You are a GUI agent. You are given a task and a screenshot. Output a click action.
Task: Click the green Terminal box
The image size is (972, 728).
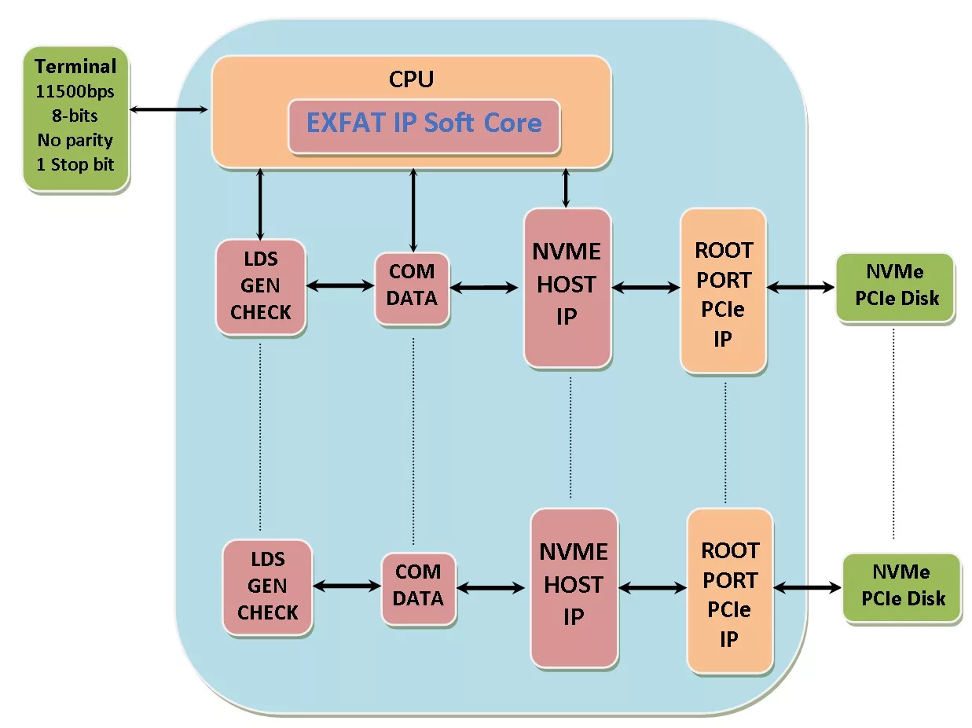(x=75, y=119)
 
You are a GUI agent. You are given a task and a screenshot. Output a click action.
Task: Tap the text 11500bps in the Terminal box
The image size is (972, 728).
(x=75, y=91)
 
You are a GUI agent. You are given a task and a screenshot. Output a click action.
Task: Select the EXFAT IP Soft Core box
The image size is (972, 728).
(x=424, y=127)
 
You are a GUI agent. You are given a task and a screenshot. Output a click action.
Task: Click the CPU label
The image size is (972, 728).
(x=412, y=79)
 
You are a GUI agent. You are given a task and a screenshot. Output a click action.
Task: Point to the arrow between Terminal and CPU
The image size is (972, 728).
(x=169, y=109)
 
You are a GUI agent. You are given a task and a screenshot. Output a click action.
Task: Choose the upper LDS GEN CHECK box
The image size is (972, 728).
(x=261, y=286)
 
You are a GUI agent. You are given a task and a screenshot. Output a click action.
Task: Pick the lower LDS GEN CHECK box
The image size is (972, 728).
(x=267, y=586)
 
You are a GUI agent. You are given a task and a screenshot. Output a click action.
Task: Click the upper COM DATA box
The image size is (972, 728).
(x=412, y=288)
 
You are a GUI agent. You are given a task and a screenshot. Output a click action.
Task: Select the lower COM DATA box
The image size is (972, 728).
(x=419, y=588)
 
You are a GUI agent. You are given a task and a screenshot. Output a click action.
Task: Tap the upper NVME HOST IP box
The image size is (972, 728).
(x=567, y=288)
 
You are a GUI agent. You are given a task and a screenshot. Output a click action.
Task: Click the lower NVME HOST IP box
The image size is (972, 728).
(x=574, y=588)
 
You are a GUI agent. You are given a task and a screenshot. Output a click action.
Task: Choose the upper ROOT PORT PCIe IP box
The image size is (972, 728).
(x=724, y=291)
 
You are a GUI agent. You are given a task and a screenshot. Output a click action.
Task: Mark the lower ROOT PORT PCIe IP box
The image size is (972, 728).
(x=730, y=591)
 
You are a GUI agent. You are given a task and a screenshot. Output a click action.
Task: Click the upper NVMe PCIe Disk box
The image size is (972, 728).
(x=895, y=287)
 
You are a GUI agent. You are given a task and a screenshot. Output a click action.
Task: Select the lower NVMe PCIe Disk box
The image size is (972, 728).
(x=901, y=587)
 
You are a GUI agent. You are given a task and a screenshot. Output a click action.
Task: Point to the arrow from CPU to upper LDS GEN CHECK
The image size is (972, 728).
(x=260, y=204)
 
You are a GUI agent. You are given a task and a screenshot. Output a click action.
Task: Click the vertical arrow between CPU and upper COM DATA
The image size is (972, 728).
(x=413, y=211)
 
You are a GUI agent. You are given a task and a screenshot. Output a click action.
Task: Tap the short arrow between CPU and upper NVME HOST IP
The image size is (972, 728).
(x=566, y=189)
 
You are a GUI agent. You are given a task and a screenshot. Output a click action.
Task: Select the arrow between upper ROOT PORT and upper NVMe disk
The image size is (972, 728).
(x=801, y=287)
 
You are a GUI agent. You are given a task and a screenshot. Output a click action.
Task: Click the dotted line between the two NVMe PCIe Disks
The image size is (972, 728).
(x=893, y=433)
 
